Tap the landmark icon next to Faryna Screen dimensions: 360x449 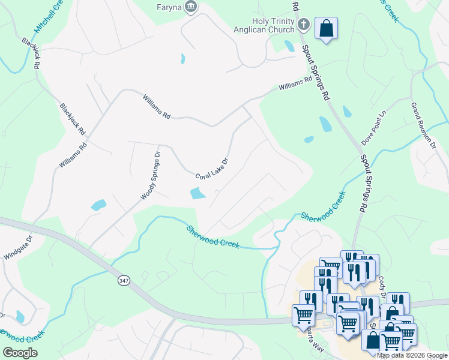pyautogui.click(x=191, y=7)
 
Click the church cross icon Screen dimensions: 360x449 pyautogui.click(x=304, y=25)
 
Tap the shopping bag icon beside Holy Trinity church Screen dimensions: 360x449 pyautogui.click(x=326, y=28)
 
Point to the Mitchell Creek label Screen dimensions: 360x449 pyautogui.click(x=47, y=17)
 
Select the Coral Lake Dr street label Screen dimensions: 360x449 pyautogui.click(x=212, y=169)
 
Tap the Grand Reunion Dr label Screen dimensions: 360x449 pyautogui.click(x=422, y=125)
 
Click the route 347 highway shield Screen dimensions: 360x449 pyautogui.click(x=124, y=280)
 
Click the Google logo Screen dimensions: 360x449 pyautogui.click(x=20, y=352)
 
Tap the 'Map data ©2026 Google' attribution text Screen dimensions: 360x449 pyautogui.click(x=412, y=355)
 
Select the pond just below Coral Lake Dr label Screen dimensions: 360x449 pyautogui.click(x=197, y=193)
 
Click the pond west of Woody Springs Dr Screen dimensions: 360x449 pyautogui.click(x=98, y=205)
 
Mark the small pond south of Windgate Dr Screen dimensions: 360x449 pyautogui.click(x=21, y=316)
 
